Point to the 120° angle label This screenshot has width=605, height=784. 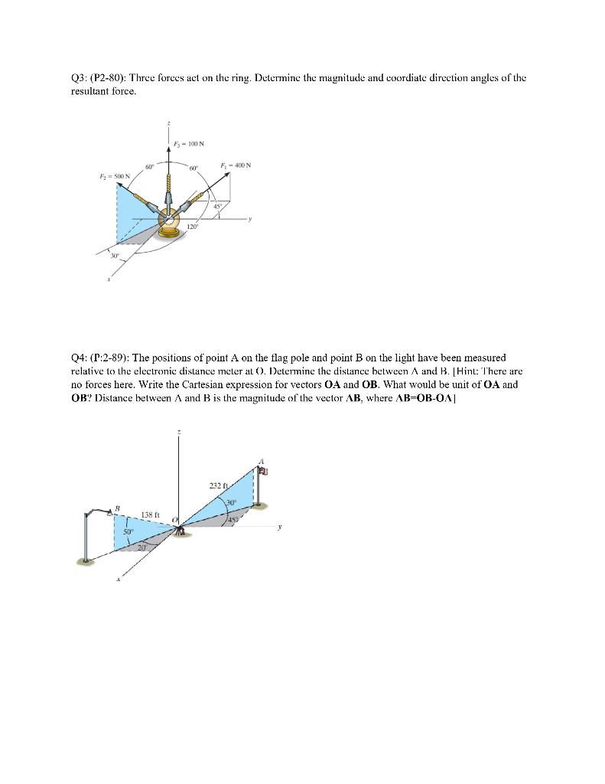tap(194, 227)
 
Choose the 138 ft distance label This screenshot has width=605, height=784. tap(151, 514)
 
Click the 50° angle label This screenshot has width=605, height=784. tap(128, 530)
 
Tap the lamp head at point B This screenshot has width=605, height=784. tap(112, 513)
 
